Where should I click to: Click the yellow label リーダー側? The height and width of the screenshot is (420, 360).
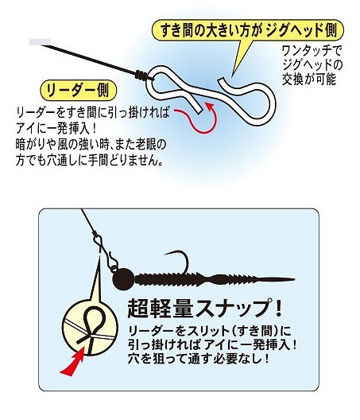pyautogui.click(x=79, y=90)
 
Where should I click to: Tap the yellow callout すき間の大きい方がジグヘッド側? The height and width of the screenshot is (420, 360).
pyautogui.click(x=248, y=30)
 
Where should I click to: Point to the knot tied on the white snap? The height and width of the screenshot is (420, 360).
pyautogui.click(x=141, y=75)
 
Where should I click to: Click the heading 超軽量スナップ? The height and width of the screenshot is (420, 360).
pyautogui.click(x=204, y=309)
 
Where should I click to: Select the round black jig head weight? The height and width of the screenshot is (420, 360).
pyautogui.click(x=123, y=278)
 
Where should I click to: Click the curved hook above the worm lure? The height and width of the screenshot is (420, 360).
pyautogui.click(x=180, y=260)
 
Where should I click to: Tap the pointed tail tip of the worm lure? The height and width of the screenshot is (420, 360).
pyautogui.click(x=294, y=279)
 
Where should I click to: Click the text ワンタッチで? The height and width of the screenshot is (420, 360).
pyautogui.click(x=312, y=51)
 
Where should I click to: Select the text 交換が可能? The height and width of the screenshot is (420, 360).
pyautogui.click(x=309, y=79)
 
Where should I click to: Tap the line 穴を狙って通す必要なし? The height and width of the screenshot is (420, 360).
pyautogui.click(x=199, y=359)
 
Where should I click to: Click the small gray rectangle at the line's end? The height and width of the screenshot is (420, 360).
pyautogui.click(x=40, y=41)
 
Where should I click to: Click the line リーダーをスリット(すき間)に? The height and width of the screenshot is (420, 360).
pyautogui.click(x=210, y=331)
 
